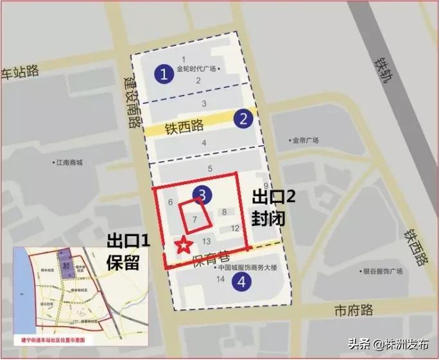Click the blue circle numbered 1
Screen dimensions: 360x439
pyautogui.click(x=165, y=74)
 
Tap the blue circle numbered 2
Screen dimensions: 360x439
pyautogui.click(x=243, y=118)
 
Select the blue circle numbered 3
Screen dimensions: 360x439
pyautogui.click(x=202, y=194)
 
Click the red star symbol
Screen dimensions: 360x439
pyautogui.click(x=184, y=244)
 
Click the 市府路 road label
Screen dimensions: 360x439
pyautogui.click(x=354, y=311)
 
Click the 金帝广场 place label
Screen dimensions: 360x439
pyautogui.click(x=306, y=141)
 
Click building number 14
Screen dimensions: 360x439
pyautogui.click(x=220, y=279)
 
